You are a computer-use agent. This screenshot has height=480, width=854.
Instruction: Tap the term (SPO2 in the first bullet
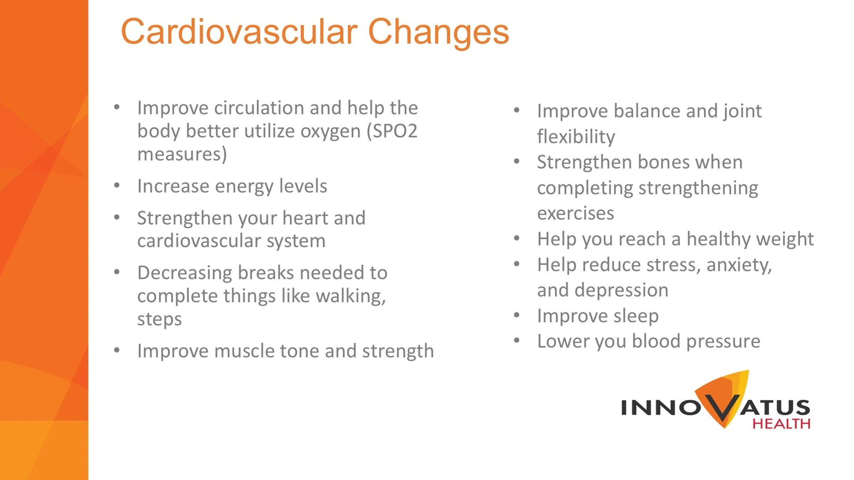392,131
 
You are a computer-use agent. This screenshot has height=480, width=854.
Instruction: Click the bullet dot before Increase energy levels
117,185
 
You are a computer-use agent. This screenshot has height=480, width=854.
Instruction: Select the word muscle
244,351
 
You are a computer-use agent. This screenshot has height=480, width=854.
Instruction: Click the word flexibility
576,137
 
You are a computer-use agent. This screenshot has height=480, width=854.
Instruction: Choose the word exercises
576,214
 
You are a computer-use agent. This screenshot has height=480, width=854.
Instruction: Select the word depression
621,290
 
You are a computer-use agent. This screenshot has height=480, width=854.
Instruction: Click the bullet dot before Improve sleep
517,315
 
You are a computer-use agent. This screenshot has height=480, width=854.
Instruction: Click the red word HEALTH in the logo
781,424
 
